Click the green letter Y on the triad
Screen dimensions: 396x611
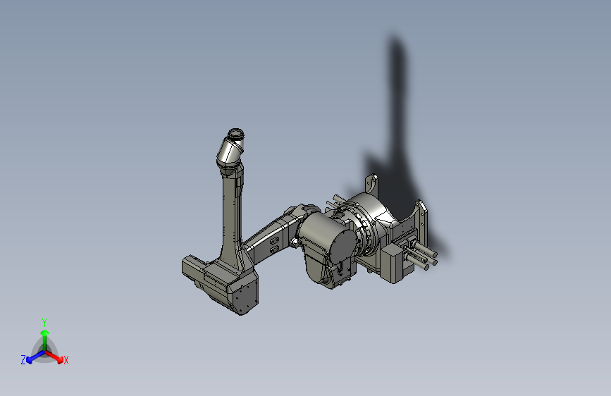coord(44,321)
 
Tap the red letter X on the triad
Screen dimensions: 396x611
coord(66,361)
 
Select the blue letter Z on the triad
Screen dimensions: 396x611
coord(23,360)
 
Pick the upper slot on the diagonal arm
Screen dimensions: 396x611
coord(273,238)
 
